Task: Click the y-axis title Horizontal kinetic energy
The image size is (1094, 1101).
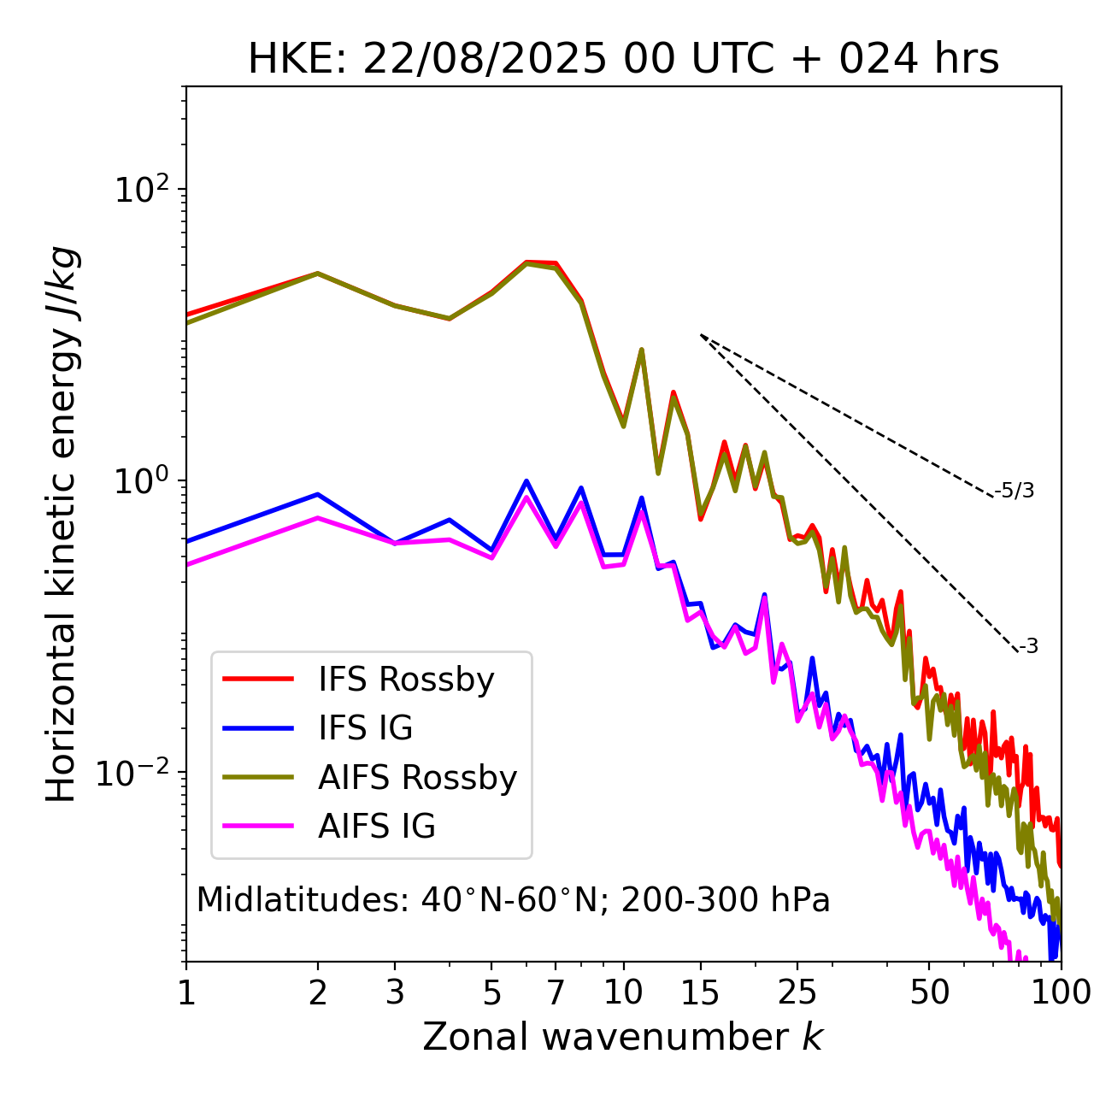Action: click(x=62, y=524)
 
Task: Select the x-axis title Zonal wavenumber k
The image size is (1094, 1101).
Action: click(x=622, y=1037)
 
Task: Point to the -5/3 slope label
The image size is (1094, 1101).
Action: click(x=1015, y=491)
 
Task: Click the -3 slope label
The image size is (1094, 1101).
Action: click(x=1028, y=647)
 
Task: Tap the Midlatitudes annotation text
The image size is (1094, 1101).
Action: click(x=513, y=900)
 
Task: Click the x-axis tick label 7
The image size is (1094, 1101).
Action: click(x=556, y=992)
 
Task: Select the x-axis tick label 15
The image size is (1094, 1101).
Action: click(x=700, y=992)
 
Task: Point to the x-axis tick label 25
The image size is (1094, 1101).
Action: click(x=797, y=992)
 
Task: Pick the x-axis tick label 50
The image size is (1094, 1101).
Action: click(x=929, y=992)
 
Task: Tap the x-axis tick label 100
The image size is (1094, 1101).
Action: click(x=1061, y=992)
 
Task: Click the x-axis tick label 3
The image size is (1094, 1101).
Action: click(x=395, y=992)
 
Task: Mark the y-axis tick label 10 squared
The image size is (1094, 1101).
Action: click(x=142, y=190)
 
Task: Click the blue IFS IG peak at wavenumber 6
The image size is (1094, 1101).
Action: click(x=526, y=480)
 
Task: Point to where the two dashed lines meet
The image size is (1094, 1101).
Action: click(x=701, y=335)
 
